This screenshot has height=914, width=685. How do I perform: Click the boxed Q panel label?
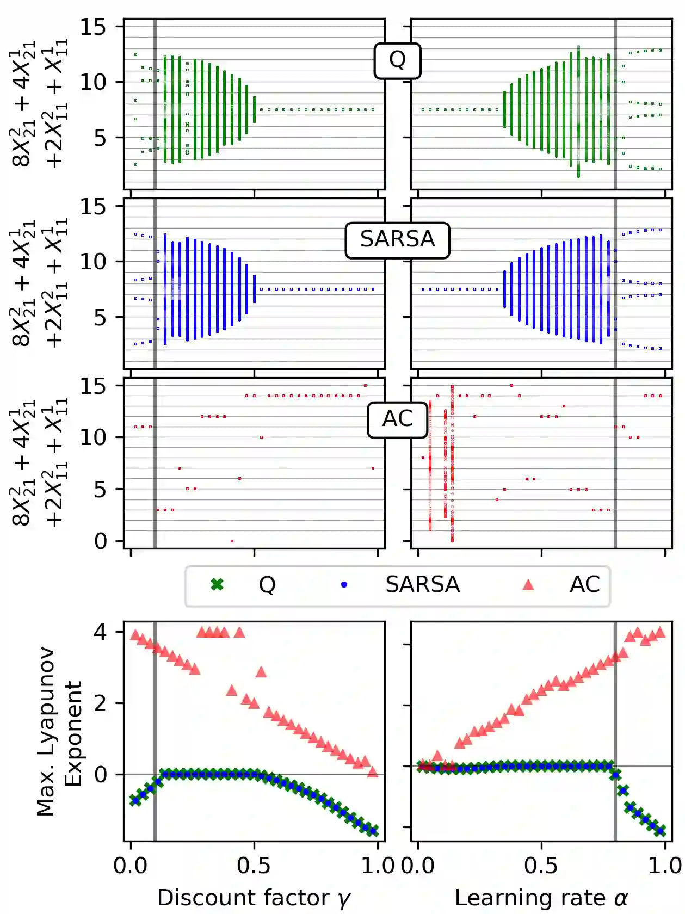click(x=397, y=60)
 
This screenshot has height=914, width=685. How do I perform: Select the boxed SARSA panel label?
click(x=397, y=240)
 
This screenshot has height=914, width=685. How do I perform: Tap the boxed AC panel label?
click(x=397, y=419)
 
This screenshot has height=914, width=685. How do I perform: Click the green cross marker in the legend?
click(x=217, y=585)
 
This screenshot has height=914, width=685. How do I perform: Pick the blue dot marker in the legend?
click(x=344, y=585)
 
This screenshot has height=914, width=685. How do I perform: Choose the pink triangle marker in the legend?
click(x=528, y=585)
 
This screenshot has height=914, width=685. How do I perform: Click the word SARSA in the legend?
click(x=422, y=585)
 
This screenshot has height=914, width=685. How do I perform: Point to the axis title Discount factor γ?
click(x=254, y=898)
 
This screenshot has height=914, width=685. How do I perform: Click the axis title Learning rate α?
click(x=541, y=898)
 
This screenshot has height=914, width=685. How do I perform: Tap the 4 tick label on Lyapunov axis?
click(x=101, y=633)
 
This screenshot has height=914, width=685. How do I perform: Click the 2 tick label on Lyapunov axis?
click(x=101, y=703)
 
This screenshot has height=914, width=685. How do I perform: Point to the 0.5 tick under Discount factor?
click(x=254, y=866)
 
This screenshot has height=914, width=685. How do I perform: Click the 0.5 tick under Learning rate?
click(x=541, y=866)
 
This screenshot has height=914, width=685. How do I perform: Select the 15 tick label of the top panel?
click(x=94, y=27)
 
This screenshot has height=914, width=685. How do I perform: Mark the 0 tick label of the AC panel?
click(x=101, y=541)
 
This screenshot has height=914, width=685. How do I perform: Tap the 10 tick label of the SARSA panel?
click(x=94, y=262)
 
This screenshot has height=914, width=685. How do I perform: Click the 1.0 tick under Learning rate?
click(x=665, y=866)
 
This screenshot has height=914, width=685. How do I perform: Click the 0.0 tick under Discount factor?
click(x=131, y=866)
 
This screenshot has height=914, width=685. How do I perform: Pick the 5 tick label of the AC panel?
click(x=101, y=490)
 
